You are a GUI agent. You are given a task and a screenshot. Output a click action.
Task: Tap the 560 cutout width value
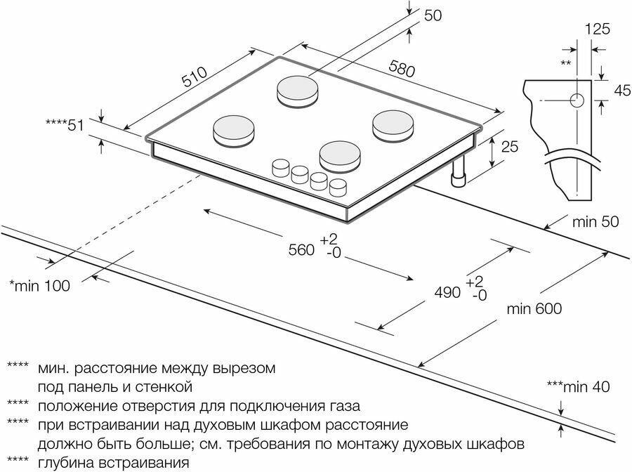click(x=300, y=249)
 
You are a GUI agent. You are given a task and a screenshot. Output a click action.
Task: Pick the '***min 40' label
click(x=577, y=386)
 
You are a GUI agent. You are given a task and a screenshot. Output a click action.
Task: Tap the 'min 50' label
click(x=595, y=223)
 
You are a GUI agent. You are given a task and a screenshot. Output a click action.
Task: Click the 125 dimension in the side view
click(x=596, y=29)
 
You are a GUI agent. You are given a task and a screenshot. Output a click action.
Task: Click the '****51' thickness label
click(x=65, y=125)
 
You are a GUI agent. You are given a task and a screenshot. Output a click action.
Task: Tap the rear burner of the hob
click(x=298, y=89)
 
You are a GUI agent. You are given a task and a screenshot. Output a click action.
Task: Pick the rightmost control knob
click(x=338, y=188)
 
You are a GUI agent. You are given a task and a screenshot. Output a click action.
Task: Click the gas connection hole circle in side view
click(x=578, y=100)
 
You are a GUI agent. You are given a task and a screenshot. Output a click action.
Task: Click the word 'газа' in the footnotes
click(x=345, y=406)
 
